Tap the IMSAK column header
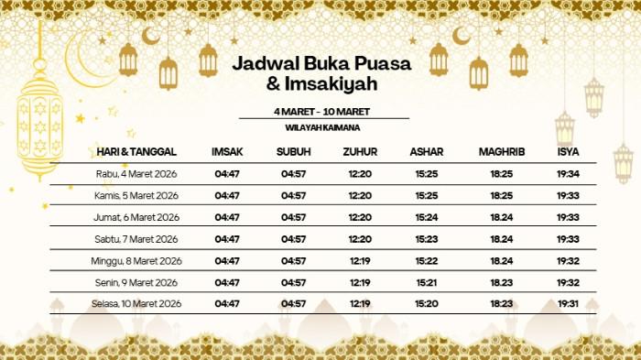click(x=226, y=151)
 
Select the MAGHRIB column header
click(x=501, y=151)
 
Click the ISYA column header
click(x=567, y=151)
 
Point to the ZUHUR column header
click(x=360, y=151)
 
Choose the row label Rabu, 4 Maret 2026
click(x=136, y=173)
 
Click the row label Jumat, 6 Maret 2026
click(x=136, y=217)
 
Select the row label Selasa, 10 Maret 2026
click(x=136, y=303)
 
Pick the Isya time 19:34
click(x=568, y=173)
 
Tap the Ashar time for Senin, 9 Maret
click(x=426, y=282)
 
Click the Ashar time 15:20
click(x=426, y=303)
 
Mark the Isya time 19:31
click(x=568, y=303)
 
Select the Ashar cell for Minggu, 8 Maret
click(x=426, y=260)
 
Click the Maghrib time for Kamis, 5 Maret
click(x=502, y=195)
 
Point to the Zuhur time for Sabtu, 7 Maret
click(x=360, y=239)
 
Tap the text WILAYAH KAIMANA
click(x=321, y=127)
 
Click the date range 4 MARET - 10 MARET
click(x=321, y=111)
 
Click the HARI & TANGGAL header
click(x=136, y=151)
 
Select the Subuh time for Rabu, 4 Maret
click(x=294, y=173)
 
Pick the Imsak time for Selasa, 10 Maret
click(x=227, y=303)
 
